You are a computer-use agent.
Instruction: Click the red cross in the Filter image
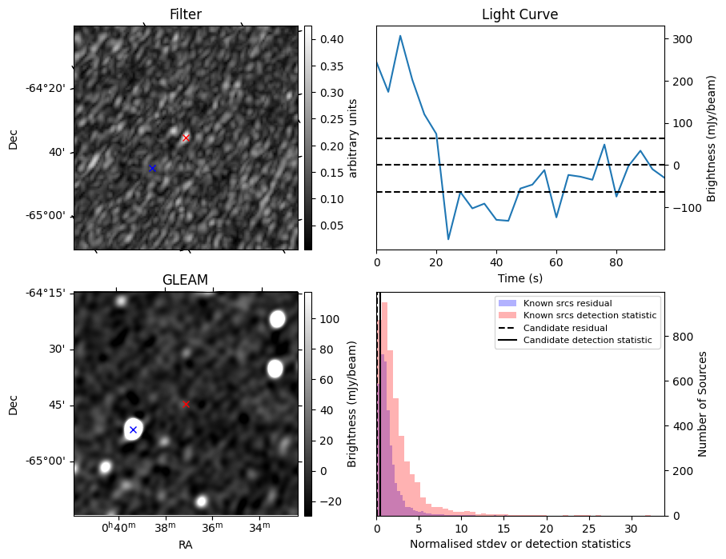(186, 138)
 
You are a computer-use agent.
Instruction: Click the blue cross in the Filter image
(152, 168)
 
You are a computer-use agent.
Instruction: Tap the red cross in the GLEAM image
(186, 404)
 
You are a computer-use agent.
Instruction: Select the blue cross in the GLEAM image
(133, 429)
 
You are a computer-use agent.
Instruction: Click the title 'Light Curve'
(519, 14)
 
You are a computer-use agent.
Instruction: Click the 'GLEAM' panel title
(185, 280)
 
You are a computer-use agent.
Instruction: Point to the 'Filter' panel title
(185, 14)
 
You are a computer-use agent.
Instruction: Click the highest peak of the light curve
(400, 36)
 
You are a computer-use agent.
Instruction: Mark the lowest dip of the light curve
(448, 239)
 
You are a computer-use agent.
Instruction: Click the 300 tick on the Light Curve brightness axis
(683, 39)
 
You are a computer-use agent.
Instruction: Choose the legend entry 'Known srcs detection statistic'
(590, 316)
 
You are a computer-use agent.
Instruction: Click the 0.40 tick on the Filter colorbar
(324, 39)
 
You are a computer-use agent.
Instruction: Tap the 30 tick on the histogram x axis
(631, 528)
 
